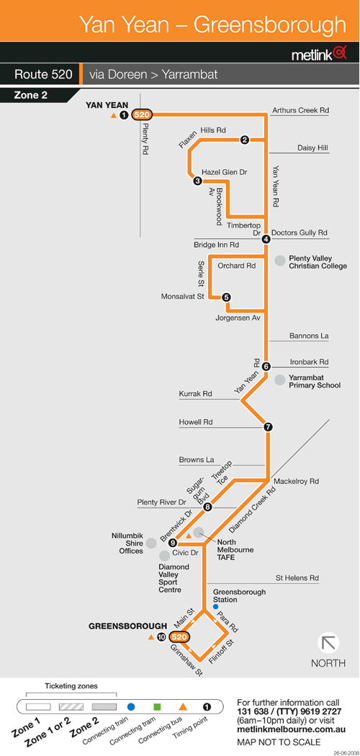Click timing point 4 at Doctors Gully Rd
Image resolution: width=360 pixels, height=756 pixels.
click(x=266, y=238)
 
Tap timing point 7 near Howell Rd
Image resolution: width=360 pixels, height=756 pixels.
click(x=269, y=427)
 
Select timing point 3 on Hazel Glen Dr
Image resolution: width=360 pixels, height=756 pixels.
click(x=197, y=181)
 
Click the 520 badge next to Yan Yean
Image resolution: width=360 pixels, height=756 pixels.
click(x=142, y=114)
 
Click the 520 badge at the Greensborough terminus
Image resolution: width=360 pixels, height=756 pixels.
click(x=179, y=637)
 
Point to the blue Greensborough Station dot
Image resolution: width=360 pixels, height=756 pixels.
click(x=215, y=606)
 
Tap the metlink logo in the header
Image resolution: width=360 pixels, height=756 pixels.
click(x=319, y=54)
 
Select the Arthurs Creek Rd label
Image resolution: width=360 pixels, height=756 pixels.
click(x=300, y=110)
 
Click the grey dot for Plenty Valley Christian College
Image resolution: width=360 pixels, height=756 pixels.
click(x=279, y=261)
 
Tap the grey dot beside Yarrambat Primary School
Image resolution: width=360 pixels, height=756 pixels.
click(x=279, y=380)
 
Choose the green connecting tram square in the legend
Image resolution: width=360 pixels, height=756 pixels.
click(x=157, y=707)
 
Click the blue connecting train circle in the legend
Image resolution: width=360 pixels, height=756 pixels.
click(x=130, y=707)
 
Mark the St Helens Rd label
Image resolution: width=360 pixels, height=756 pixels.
click(x=297, y=577)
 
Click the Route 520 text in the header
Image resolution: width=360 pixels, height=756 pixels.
click(x=43, y=75)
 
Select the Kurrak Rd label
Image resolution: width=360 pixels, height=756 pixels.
click(x=196, y=394)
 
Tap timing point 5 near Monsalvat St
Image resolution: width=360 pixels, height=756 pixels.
click(x=227, y=297)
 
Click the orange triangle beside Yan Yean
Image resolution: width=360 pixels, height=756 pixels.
click(x=113, y=114)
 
